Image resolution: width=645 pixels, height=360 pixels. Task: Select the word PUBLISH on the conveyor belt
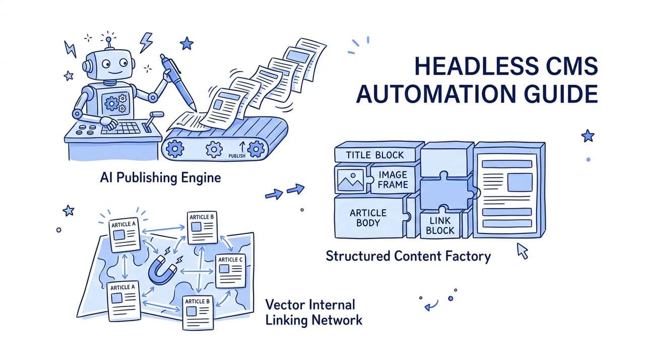[x=237, y=156]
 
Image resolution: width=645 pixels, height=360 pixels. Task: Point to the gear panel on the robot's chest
[x=115, y=102]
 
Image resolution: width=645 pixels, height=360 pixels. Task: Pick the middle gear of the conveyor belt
[x=214, y=149]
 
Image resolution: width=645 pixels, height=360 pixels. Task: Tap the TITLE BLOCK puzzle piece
[x=375, y=155]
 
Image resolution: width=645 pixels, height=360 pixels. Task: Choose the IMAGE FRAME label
[x=393, y=179]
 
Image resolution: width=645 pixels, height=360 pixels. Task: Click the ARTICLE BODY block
[x=370, y=217]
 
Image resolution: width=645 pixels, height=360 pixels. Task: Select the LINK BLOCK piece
[x=440, y=225]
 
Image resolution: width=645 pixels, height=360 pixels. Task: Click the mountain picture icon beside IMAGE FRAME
[x=351, y=181]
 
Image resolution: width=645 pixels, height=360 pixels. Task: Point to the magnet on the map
[x=162, y=270]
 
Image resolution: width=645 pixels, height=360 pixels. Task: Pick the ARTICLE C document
[x=230, y=271]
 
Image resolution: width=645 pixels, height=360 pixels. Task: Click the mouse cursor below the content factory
[x=522, y=251]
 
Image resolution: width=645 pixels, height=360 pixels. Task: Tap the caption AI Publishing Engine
[x=160, y=177]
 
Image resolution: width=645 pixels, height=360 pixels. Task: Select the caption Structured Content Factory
[x=408, y=256]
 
